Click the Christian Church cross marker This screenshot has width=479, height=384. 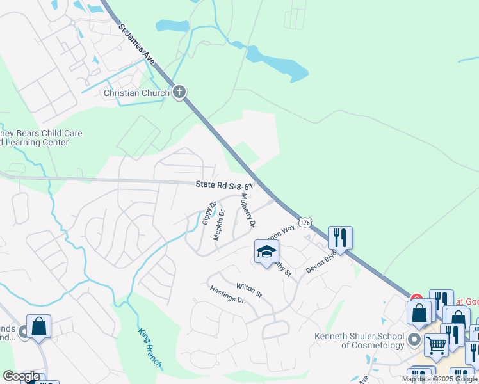pyautogui.click(x=179, y=92)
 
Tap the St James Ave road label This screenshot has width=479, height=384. pyautogui.click(x=138, y=46)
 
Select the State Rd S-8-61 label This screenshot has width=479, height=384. pyautogui.click(x=225, y=185)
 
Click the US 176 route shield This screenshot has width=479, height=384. pyautogui.click(x=305, y=222)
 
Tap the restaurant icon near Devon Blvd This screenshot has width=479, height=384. pyautogui.click(x=340, y=238)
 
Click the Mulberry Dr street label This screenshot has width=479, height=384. pyautogui.click(x=247, y=211)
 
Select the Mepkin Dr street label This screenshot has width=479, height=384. pyautogui.click(x=219, y=225)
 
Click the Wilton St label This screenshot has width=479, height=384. pyautogui.click(x=249, y=290)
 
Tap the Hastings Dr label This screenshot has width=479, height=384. pyautogui.click(x=227, y=295)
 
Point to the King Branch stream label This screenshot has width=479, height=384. pyautogui.click(x=150, y=348)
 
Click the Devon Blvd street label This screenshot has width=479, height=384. pyautogui.click(x=321, y=261)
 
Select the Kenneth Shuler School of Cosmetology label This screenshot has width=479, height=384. pyautogui.click(x=359, y=340)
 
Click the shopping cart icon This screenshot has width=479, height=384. pyautogui.click(x=436, y=344)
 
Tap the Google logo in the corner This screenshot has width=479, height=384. pyautogui.click(x=21, y=376)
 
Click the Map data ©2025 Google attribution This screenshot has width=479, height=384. pyautogui.click(x=440, y=379)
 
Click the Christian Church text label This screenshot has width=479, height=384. pyautogui.click(x=137, y=93)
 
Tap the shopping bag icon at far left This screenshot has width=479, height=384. pyautogui.click(x=38, y=326)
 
